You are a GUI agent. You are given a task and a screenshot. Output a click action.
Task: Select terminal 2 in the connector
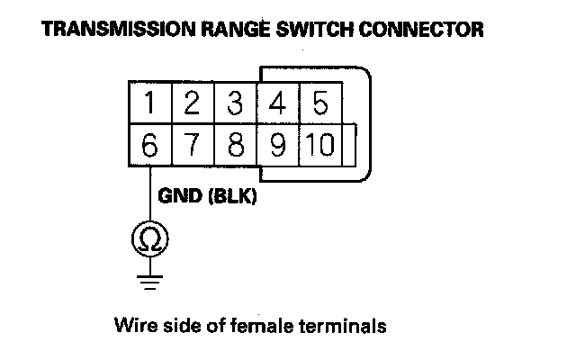tap(191, 103)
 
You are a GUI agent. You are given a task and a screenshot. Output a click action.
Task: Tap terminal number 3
tap(235, 103)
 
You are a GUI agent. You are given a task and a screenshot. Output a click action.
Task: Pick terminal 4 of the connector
tap(278, 103)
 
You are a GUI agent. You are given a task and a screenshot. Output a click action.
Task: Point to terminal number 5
tap(320, 103)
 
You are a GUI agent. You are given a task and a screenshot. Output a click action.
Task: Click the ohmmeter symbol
tap(148, 238)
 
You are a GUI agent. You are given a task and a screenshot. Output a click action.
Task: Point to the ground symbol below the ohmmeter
tap(148, 280)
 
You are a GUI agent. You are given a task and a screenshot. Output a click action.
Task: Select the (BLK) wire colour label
tap(232, 195)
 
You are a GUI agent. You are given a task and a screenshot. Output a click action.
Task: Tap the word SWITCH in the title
tap(297, 30)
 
